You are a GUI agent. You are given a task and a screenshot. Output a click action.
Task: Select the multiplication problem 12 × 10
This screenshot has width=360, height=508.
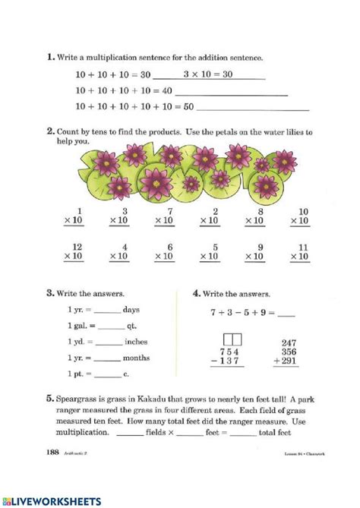tap(76, 251)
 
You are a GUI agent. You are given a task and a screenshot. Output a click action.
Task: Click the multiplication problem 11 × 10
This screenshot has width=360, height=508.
tap(302, 251)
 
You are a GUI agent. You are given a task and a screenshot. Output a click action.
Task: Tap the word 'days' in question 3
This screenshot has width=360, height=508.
tap(133, 309)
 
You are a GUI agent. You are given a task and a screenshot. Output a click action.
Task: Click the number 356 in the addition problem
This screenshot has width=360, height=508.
tap(289, 352)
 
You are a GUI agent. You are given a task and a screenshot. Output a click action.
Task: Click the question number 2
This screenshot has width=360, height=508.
tap(49, 131)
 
